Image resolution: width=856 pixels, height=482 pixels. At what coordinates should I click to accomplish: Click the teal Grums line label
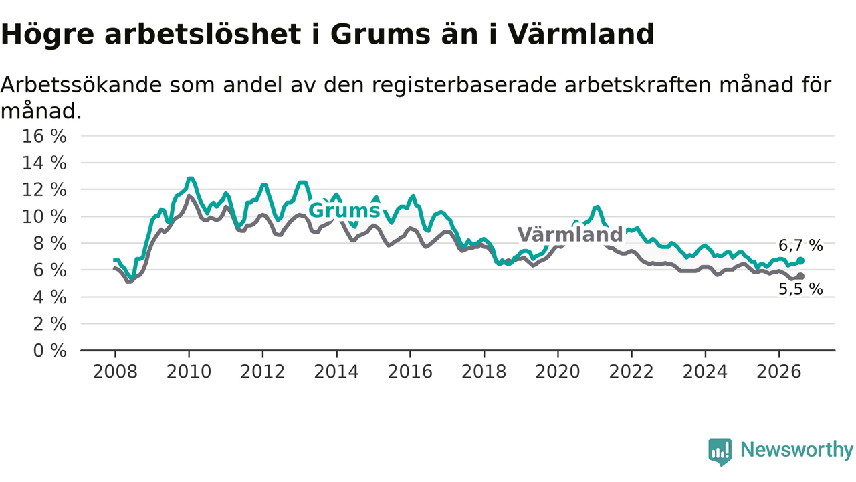coord(344,210)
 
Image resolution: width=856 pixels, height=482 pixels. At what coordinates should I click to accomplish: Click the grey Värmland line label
coord(570,234)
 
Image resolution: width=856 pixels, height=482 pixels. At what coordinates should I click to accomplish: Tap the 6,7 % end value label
coord(800,246)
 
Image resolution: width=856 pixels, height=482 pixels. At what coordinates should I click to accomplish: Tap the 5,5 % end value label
coord(800,289)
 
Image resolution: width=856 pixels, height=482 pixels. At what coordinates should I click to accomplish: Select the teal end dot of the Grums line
coord(800,261)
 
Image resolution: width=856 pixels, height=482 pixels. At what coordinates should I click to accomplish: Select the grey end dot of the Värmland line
coord(800,276)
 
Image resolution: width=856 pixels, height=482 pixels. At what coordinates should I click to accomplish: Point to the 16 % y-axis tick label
coord(44,136)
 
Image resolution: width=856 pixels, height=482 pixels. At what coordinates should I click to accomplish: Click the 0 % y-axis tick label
coord(49,351)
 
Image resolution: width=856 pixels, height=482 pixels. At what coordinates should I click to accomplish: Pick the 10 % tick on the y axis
coord(44,217)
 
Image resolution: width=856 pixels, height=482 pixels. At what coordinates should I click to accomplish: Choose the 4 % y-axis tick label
coord(49,297)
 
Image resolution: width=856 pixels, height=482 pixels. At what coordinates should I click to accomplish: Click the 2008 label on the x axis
coord(115,372)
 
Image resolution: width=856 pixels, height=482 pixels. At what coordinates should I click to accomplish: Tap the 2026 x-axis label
coord(779,372)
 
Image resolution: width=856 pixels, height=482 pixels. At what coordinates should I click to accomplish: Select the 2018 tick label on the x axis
coord(484,372)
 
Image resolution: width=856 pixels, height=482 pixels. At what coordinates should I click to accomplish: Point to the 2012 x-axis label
coord(263,372)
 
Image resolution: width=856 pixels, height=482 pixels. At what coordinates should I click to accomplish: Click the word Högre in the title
coord(47,34)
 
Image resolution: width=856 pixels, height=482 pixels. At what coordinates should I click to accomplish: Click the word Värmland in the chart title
coord(581,33)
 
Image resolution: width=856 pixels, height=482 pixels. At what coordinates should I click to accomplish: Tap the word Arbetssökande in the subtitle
coord(82,84)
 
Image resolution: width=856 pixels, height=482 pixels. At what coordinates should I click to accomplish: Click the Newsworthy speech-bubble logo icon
coord(720,452)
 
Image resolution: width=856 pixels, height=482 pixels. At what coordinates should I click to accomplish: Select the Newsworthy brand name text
coord(796,450)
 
